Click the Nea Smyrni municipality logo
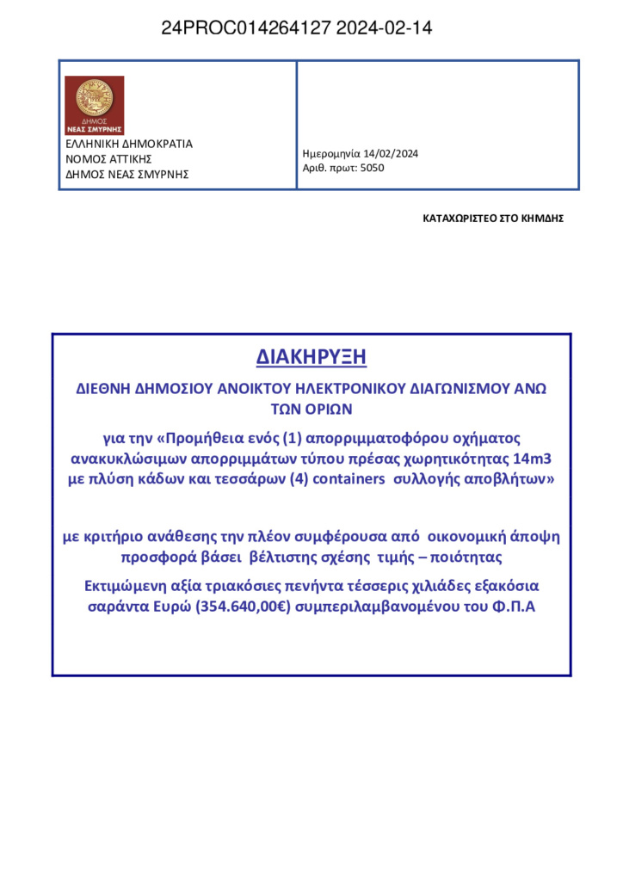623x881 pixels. tap(94, 105)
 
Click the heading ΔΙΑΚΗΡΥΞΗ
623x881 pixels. tap(311, 356)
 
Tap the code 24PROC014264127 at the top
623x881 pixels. tap(246, 28)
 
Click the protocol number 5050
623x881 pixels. tap(372, 168)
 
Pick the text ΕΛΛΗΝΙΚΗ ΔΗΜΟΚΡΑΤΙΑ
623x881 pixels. tap(129, 144)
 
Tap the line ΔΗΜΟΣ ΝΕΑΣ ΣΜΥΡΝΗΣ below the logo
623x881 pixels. tap(127, 175)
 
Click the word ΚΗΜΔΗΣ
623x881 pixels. tap(542, 219)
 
